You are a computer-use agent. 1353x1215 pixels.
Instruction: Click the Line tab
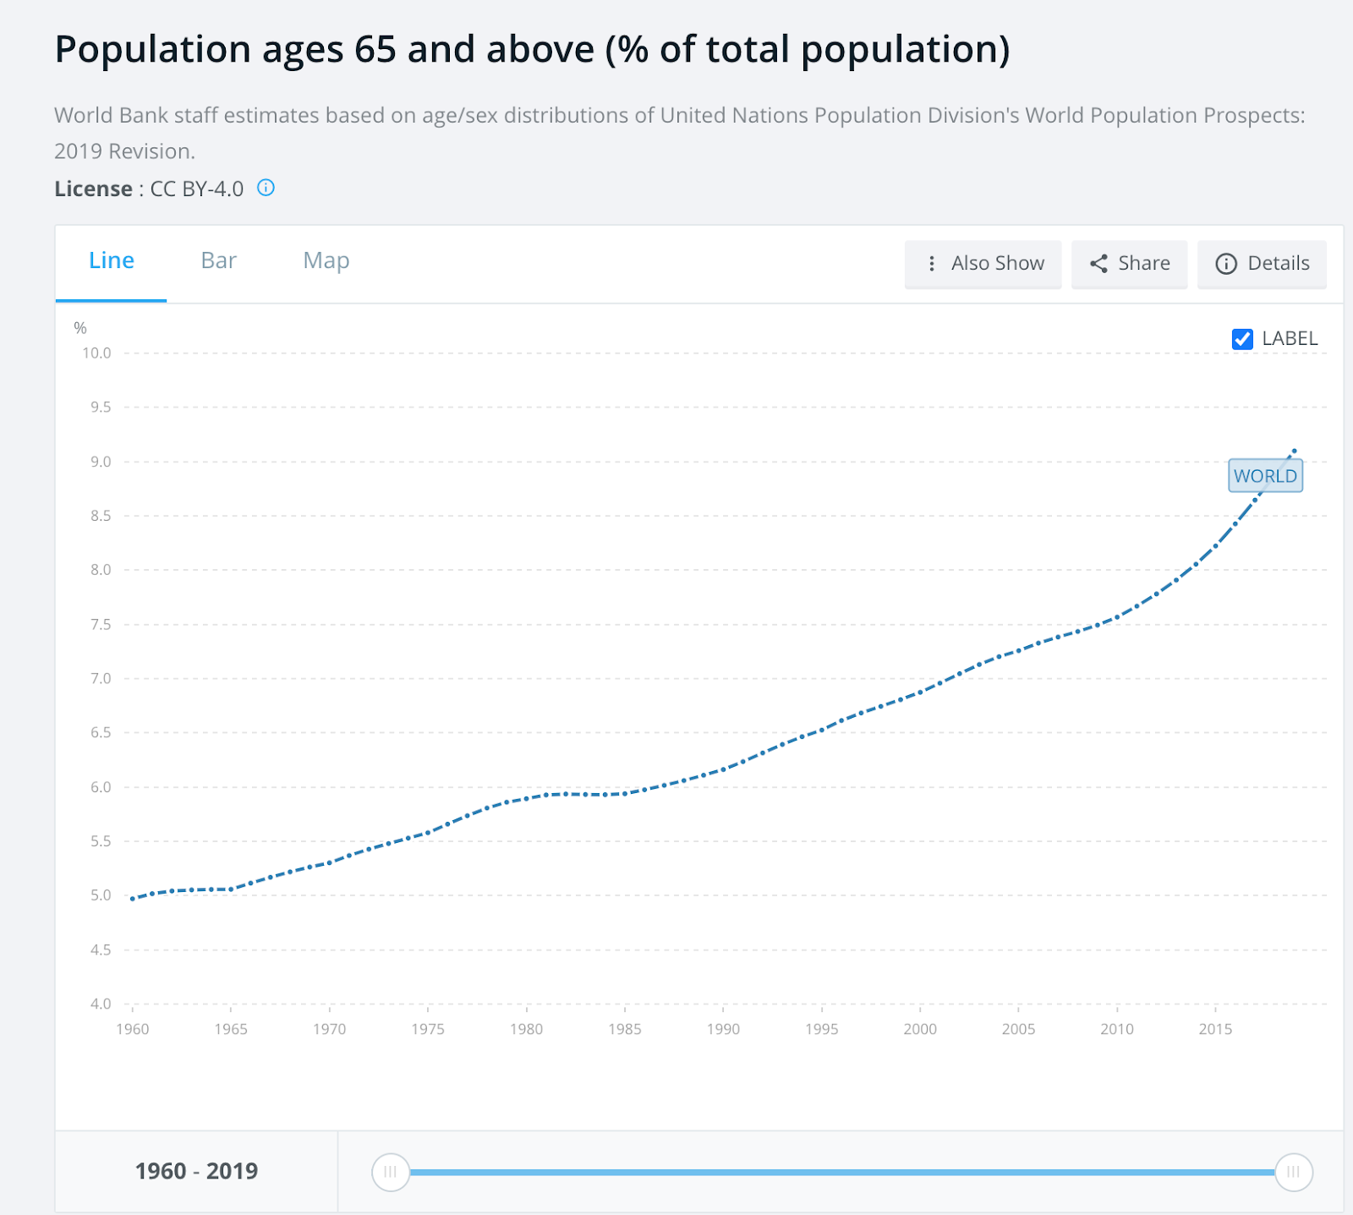tap(112, 261)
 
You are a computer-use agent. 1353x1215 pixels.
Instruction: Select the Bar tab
tap(218, 261)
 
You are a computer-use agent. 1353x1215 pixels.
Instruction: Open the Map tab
tap(326, 261)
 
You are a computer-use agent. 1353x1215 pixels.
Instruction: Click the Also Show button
tap(983, 264)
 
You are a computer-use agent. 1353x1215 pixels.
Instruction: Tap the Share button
tap(1129, 264)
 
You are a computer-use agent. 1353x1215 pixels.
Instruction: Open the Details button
tap(1262, 264)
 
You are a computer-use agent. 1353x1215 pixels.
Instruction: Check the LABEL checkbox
tap(1242, 339)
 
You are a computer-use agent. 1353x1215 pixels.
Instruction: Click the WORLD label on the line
tap(1265, 476)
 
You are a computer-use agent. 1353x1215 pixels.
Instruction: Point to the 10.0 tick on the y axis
tap(96, 353)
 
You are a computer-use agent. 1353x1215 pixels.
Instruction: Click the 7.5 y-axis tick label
tap(101, 625)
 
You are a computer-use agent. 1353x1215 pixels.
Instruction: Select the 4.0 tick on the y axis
tap(101, 1004)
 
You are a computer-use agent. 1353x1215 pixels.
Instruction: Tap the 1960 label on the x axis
tap(133, 1029)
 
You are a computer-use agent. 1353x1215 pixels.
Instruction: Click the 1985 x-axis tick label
tap(625, 1029)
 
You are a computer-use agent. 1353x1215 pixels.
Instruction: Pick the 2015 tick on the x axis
tap(1215, 1029)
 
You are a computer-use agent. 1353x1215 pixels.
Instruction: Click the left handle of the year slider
tap(391, 1172)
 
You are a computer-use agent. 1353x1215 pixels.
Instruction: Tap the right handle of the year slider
tap(1293, 1172)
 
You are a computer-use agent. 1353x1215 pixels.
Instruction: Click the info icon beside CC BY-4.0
tap(266, 188)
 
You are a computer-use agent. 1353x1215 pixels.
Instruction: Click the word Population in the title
tap(152, 50)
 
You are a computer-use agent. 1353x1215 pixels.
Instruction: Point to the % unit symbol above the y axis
tap(80, 328)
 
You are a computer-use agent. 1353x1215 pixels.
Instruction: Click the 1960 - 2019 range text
tap(196, 1171)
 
